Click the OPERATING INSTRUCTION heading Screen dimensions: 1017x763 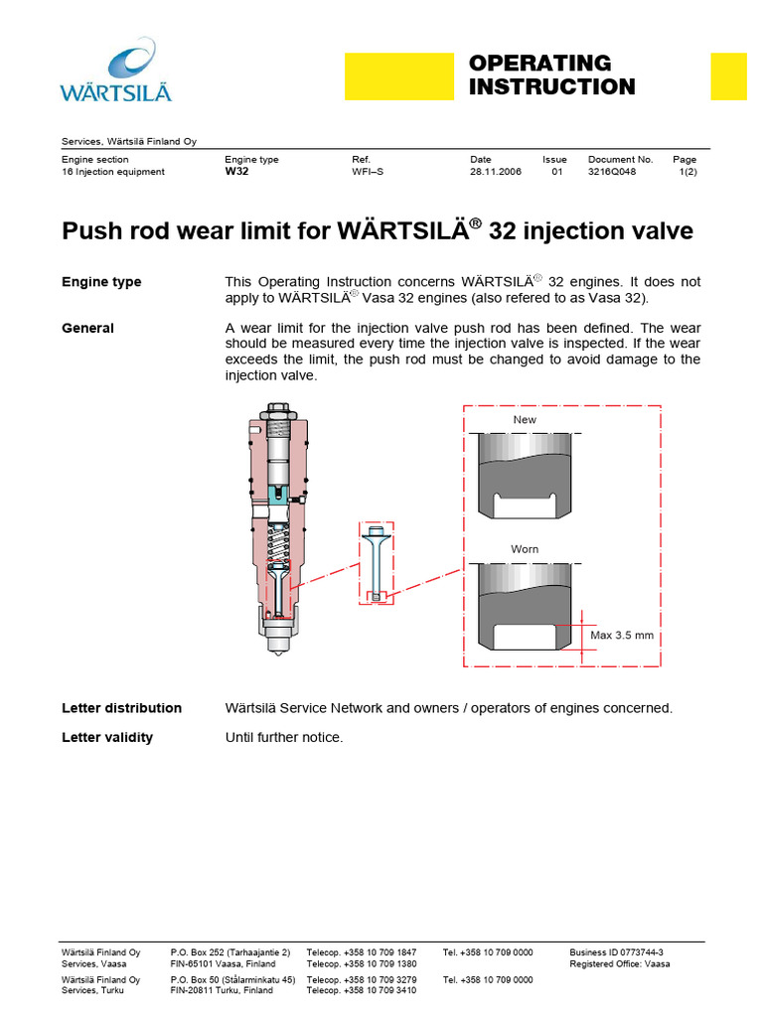click(551, 75)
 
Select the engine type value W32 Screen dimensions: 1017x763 click(236, 172)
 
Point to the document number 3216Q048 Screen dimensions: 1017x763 click(612, 172)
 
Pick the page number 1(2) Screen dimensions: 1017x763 click(687, 172)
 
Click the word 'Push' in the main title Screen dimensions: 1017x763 click(88, 232)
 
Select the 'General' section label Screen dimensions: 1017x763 click(87, 329)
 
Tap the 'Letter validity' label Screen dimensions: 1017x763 click(107, 738)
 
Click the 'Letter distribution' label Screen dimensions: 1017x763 click(121, 708)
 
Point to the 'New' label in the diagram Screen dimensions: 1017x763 click(525, 420)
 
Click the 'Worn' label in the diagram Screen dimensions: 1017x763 click(525, 549)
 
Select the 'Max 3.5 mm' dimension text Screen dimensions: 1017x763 click(622, 636)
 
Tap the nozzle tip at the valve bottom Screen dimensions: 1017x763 click(277, 650)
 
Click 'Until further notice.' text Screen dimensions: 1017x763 click(284, 738)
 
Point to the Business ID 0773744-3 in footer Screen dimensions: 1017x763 click(616, 951)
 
